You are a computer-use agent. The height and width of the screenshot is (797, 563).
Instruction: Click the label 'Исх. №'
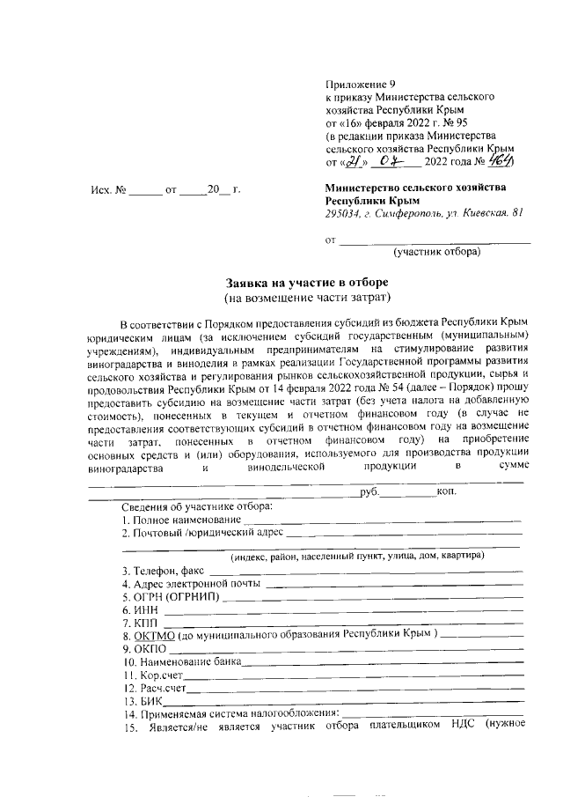(x=110, y=188)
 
